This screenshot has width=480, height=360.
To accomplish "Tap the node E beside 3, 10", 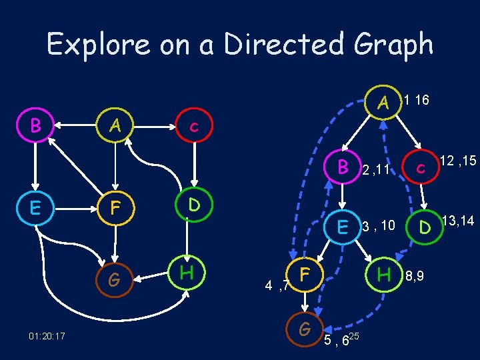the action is [x=343, y=227].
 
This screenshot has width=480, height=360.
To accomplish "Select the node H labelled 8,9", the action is [x=383, y=273].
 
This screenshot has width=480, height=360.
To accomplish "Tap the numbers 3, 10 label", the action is [x=379, y=227].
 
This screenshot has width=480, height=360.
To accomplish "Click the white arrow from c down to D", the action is [x=195, y=163].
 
